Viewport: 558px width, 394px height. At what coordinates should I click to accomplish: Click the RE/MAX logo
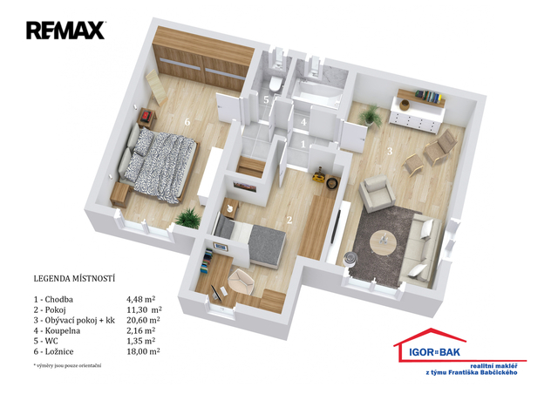tap(65, 31)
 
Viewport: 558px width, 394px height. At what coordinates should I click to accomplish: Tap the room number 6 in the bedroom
tap(187, 122)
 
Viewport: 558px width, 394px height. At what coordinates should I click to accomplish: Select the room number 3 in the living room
tap(390, 152)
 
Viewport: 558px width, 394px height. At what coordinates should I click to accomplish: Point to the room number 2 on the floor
tap(289, 221)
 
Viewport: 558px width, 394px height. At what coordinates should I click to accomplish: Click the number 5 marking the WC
tap(266, 99)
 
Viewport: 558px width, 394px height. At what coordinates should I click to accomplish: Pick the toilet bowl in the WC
tap(276, 84)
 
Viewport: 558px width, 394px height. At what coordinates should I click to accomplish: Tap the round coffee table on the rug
tap(383, 243)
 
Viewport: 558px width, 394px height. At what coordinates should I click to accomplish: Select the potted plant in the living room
tap(371, 115)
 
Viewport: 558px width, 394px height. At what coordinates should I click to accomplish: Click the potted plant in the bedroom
tap(188, 218)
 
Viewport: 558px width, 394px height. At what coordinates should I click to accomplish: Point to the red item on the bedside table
tap(147, 116)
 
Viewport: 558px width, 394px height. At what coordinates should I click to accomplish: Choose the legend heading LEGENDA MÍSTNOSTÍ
tap(74, 278)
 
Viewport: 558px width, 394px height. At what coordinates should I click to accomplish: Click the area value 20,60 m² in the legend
tap(143, 320)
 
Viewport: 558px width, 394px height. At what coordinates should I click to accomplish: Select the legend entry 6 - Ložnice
tap(54, 351)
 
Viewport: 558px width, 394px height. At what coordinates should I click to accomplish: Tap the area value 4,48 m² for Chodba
tap(141, 299)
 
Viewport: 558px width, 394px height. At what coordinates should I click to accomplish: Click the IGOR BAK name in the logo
tap(434, 352)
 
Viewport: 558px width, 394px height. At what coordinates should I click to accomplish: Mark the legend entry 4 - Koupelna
tap(57, 330)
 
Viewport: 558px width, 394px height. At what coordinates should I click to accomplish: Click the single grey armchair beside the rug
tap(377, 193)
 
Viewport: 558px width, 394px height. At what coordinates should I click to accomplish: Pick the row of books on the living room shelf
tap(428, 96)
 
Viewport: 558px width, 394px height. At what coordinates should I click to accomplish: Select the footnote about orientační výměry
tap(67, 365)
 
